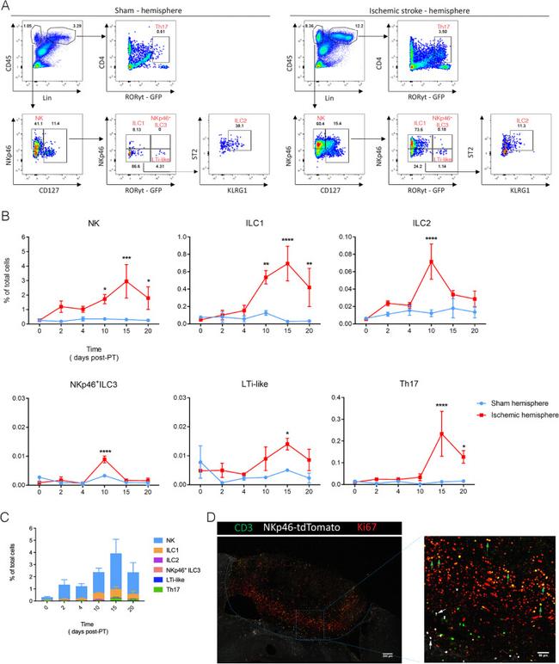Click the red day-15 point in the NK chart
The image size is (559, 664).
pyautogui.click(x=127, y=281)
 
